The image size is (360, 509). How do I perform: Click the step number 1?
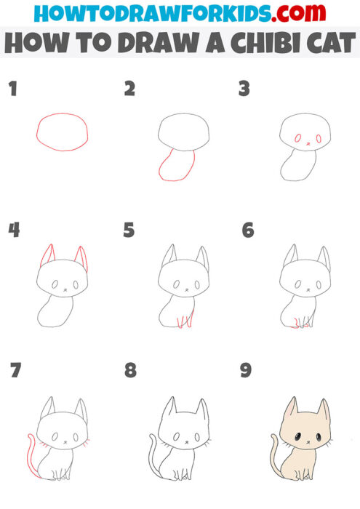[x=12, y=90]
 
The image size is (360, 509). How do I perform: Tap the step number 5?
[x=129, y=231]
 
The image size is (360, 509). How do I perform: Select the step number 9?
[x=246, y=371]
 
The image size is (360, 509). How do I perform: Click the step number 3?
[x=244, y=90]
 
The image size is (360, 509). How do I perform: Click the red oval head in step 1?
[x=63, y=132]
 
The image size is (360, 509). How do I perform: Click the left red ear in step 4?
[x=47, y=256]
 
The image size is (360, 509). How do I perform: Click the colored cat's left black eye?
[x=299, y=437]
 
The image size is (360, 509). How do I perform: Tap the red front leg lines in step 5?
[x=188, y=318]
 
